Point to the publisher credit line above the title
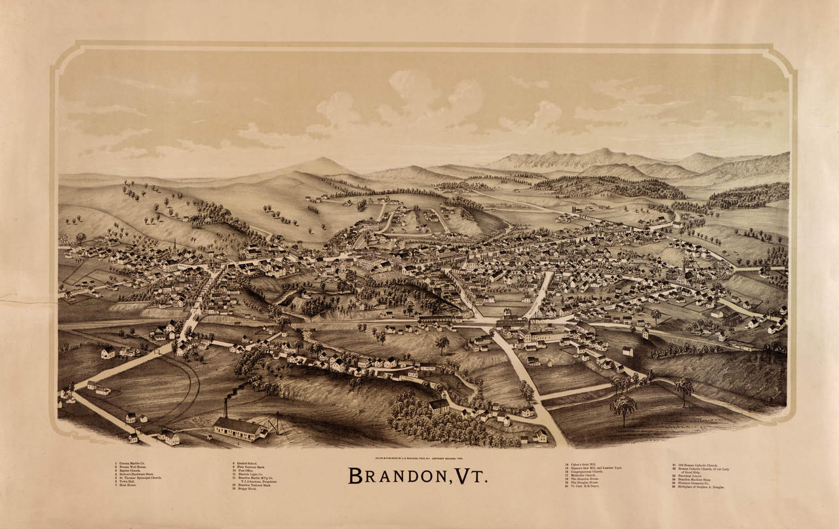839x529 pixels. (419, 455)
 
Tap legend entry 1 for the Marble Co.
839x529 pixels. (131, 463)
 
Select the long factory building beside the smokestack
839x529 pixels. (239, 429)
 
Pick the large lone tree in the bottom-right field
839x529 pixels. (623, 406)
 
